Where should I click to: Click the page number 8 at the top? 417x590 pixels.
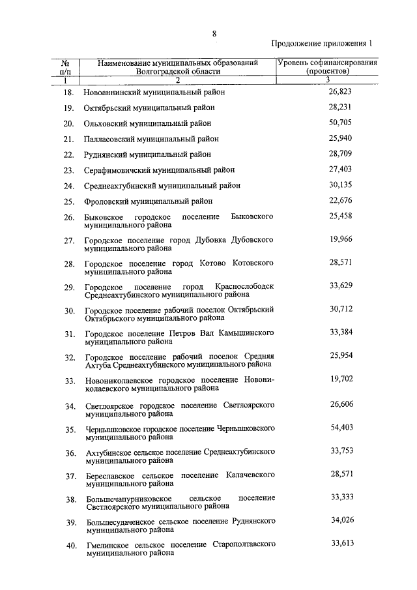pyautogui.click(x=214, y=33)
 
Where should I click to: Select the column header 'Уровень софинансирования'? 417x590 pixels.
pyautogui.click(x=328, y=63)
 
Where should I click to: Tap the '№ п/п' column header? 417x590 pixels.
pyautogui.click(x=65, y=66)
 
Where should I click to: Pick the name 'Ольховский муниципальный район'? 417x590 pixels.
pyautogui.click(x=149, y=123)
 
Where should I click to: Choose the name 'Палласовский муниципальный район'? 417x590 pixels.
pyautogui.click(x=151, y=139)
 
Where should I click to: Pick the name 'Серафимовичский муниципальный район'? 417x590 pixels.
pyautogui.click(x=159, y=170)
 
